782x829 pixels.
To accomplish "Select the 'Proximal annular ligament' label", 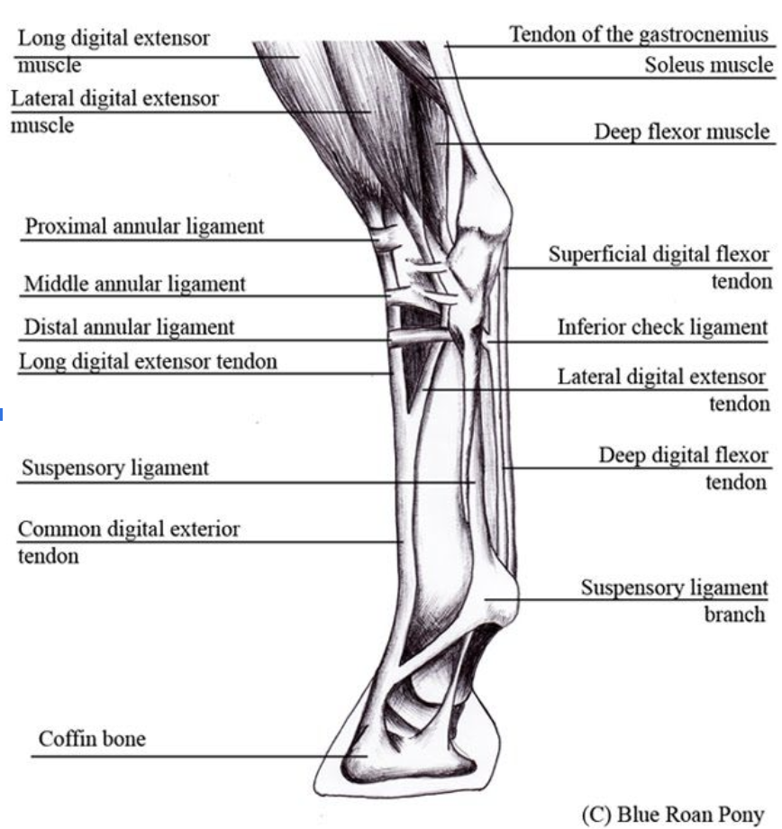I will coord(144,225).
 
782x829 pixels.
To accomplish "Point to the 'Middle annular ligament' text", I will coord(134,284).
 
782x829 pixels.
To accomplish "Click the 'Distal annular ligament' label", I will coord(129,327).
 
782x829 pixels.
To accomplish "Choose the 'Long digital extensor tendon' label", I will coord(148,362).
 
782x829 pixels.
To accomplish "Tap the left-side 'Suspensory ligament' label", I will coord(114,468).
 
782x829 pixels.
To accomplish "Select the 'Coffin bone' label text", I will coord(91,740).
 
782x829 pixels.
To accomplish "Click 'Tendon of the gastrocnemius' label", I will coord(640,35).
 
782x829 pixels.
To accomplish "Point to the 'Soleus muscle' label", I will coord(708,65).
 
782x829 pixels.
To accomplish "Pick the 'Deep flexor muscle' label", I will coord(682,132).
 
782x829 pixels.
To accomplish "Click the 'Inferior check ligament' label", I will coord(662,327).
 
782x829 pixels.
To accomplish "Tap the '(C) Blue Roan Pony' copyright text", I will coord(672,814).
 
